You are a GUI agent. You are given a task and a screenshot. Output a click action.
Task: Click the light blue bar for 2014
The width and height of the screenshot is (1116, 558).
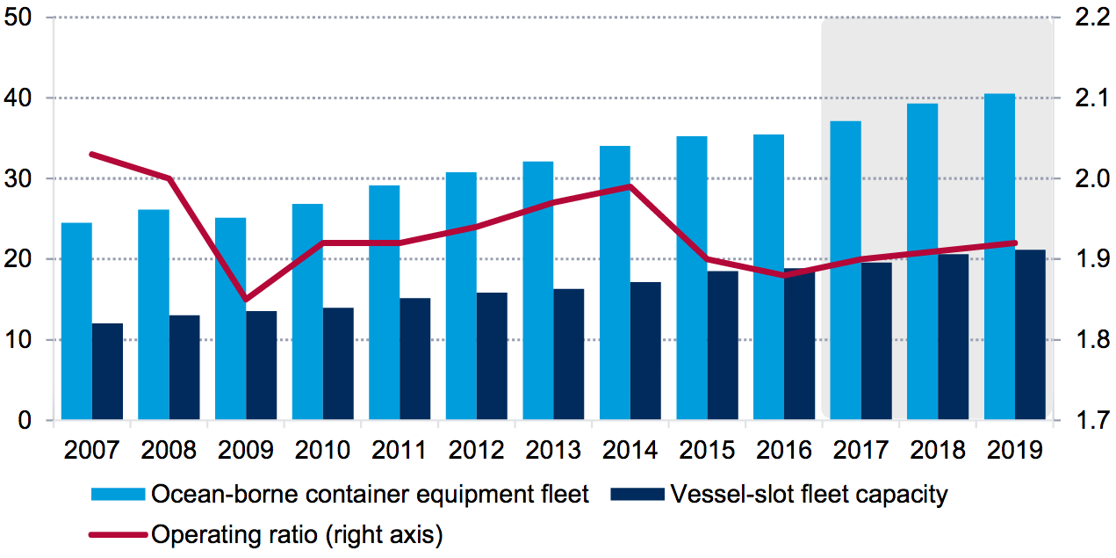coord(615,283)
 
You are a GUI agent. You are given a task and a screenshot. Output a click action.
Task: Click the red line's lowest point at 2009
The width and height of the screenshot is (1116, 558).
coord(247,300)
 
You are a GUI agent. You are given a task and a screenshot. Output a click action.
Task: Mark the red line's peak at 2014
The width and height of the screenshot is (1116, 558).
coord(630,186)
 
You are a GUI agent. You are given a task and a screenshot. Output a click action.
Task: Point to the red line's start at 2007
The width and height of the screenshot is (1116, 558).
coord(92,154)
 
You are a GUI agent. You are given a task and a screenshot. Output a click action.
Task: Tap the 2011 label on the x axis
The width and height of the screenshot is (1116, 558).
coord(400,450)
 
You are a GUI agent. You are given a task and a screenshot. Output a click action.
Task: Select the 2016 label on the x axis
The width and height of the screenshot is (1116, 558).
coord(784,450)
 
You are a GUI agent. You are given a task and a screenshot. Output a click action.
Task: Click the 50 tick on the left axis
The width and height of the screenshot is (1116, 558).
coord(20,18)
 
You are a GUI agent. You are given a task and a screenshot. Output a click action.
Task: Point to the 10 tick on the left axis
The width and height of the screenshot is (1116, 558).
coord(20,340)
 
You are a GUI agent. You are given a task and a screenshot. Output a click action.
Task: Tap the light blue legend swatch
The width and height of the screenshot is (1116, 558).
coord(117,495)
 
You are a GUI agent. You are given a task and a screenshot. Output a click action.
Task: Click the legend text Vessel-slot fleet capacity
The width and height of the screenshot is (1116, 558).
coord(809,495)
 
